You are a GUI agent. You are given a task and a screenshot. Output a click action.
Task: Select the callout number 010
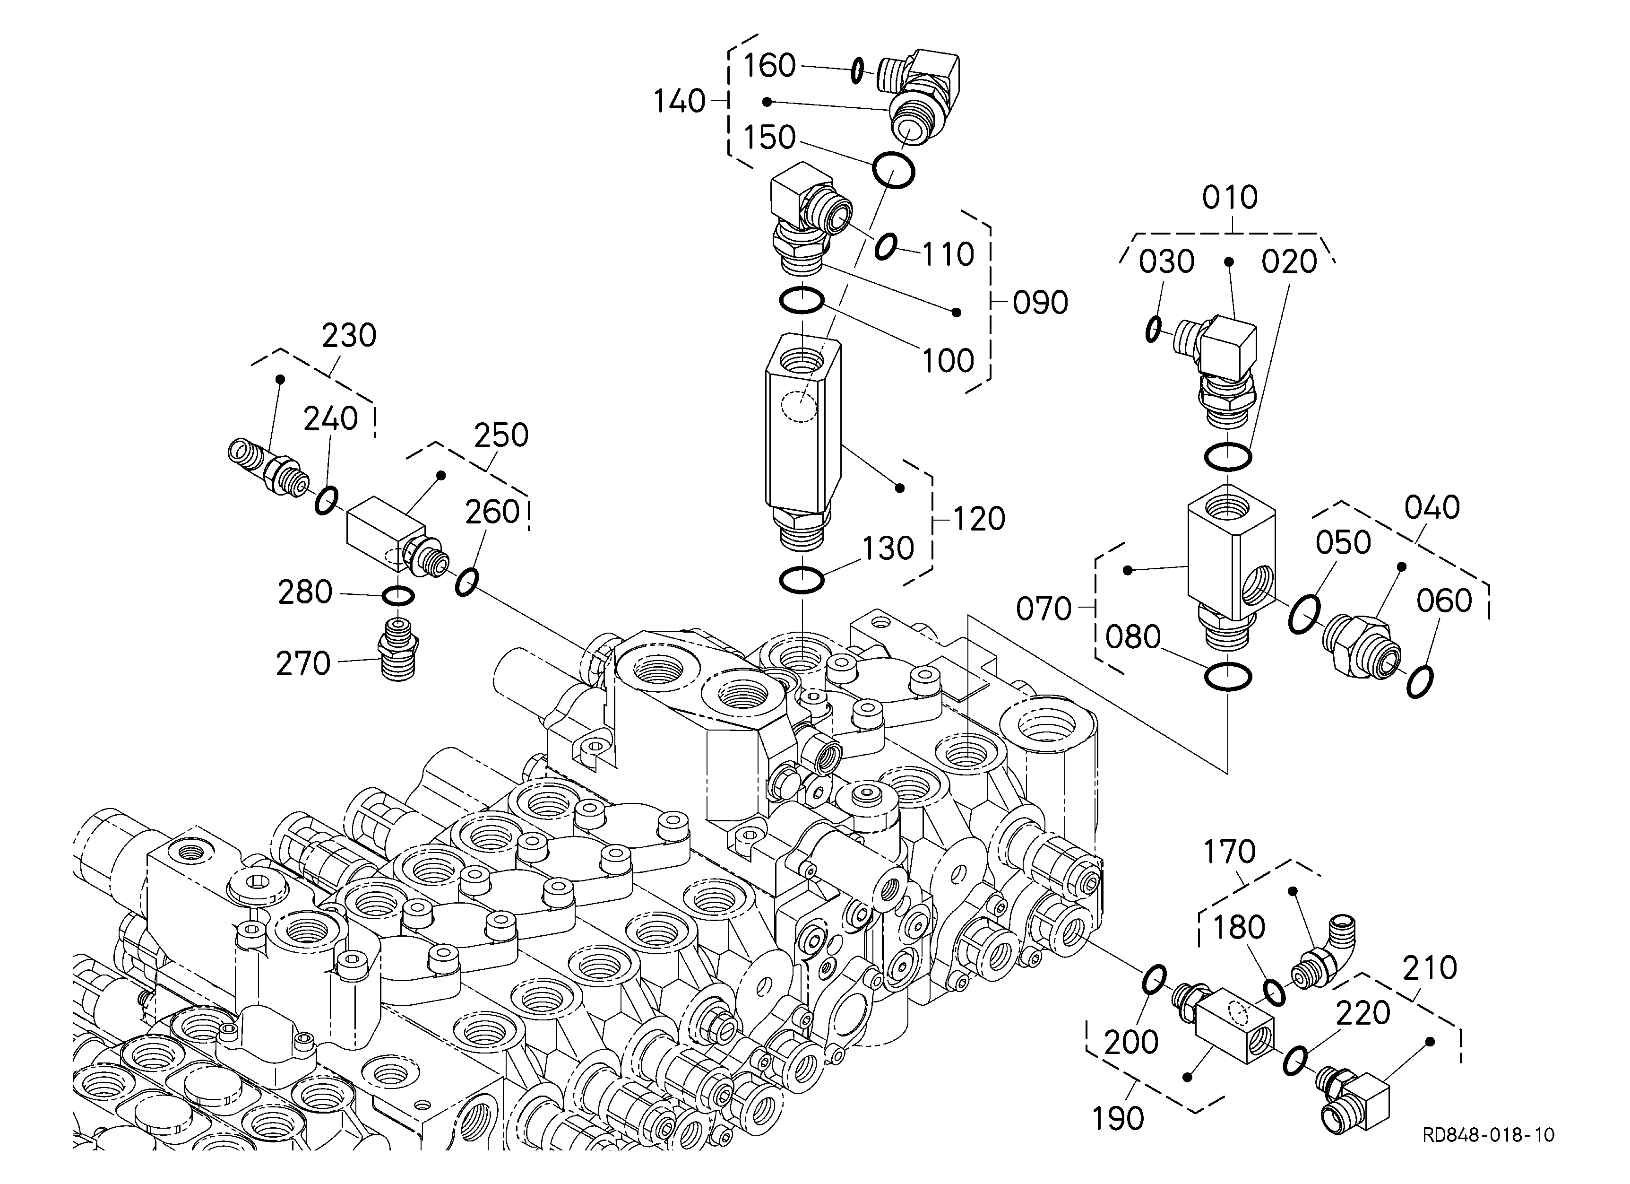pyautogui.click(x=1230, y=197)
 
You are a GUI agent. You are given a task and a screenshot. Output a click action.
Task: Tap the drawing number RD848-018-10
pyautogui.click(x=1488, y=1135)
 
